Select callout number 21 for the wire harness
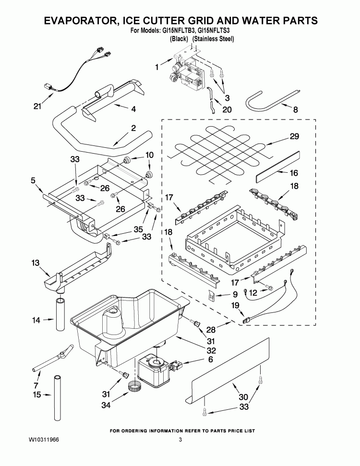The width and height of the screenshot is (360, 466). pos(38,107)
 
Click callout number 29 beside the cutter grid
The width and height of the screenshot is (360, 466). pos(294,137)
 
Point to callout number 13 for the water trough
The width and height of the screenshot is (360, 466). pos(35,263)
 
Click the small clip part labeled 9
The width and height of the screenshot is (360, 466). pos(210,295)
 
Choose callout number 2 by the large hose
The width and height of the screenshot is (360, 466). pos(133,128)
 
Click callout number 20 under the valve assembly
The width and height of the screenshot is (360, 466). pos(227,109)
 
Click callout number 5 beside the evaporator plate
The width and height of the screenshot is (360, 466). pos(33,181)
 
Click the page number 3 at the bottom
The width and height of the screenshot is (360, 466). pos(180,440)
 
